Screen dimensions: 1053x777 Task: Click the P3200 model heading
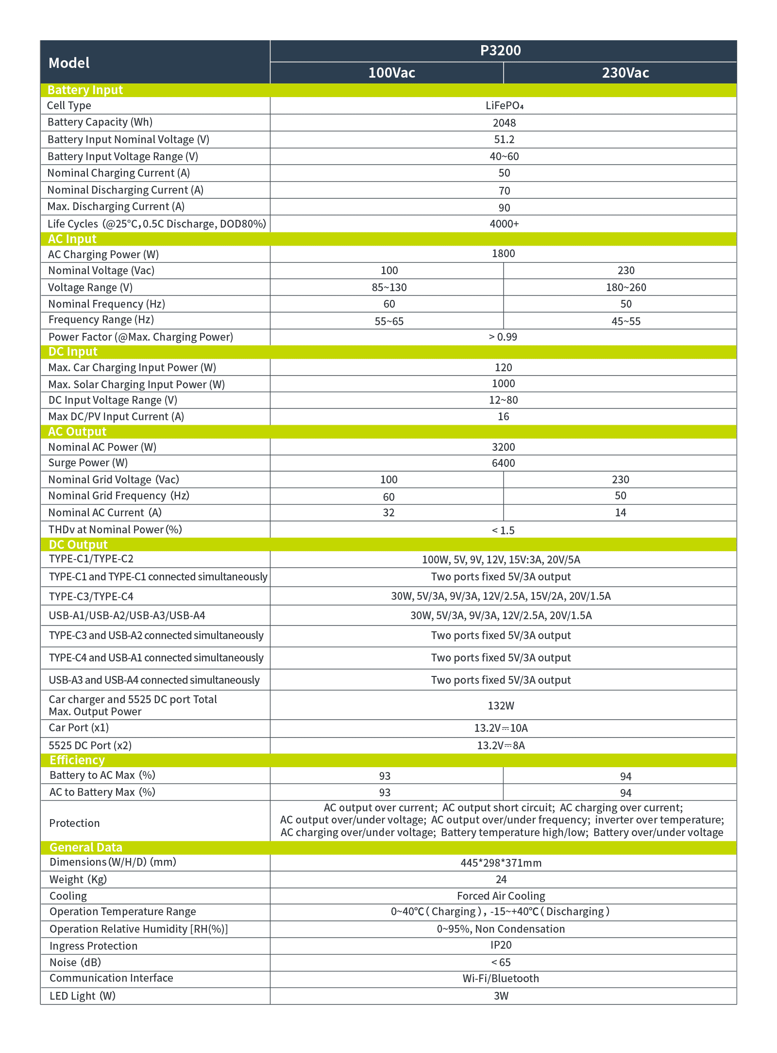[x=500, y=50]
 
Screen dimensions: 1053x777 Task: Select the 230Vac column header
[x=625, y=73]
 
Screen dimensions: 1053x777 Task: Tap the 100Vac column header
[x=391, y=73]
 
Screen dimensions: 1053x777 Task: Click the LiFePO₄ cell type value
[x=504, y=106]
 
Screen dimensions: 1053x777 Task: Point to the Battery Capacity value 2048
[x=504, y=123]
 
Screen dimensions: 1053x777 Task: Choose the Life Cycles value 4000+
[x=504, y=224]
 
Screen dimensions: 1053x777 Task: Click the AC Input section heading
[x=72, y=239]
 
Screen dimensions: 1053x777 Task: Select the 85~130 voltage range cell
[x=389, y=287]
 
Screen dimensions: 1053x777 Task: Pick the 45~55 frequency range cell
[x=626, y=321]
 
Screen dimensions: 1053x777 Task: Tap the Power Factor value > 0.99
[x=503, y=337]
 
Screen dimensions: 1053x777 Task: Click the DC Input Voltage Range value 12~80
[x=503, y=400]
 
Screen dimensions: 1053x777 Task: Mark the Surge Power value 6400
[x=503, y=463]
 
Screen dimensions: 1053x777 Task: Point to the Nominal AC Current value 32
[x=388, y=512]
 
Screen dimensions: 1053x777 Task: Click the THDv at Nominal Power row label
[x=115, y=529]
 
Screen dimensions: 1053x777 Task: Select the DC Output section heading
[x=78, y=544]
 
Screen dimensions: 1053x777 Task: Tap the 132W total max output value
[x=501, y=706]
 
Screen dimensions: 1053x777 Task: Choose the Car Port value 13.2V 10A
[x=501, y=728]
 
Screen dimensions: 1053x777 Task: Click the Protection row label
[x=74, y=823]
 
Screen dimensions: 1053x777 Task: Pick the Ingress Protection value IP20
[x=501, y=945]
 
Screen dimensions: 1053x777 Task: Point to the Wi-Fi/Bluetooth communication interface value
[x=501, y=978]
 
